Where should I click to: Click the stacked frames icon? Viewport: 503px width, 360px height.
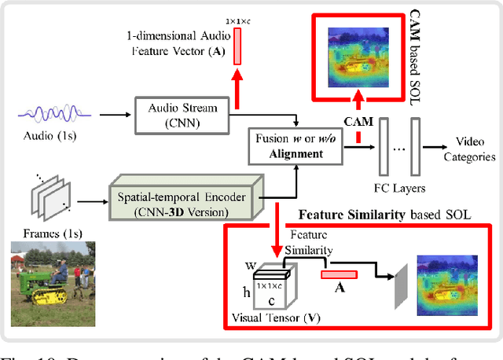click(x=50, y=193)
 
